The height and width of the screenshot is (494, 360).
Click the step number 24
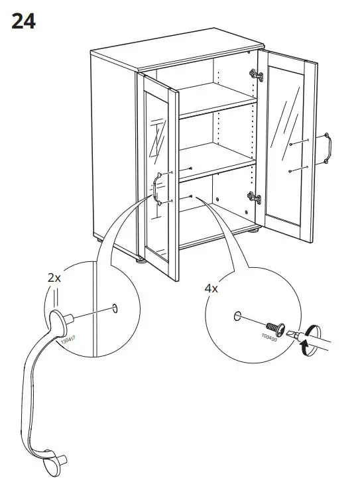pos(23,21)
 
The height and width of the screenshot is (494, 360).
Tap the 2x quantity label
pos(54,278)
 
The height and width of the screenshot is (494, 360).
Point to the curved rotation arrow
pos(306,343)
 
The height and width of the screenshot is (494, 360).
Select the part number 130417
pos(68,341)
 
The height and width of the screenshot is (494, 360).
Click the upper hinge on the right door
pos(255,75)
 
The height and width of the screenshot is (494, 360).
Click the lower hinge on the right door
pos(252,196)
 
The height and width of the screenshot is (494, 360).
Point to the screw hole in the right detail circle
pos(237,317)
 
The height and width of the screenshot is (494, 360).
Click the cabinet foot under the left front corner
pos(140,260)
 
